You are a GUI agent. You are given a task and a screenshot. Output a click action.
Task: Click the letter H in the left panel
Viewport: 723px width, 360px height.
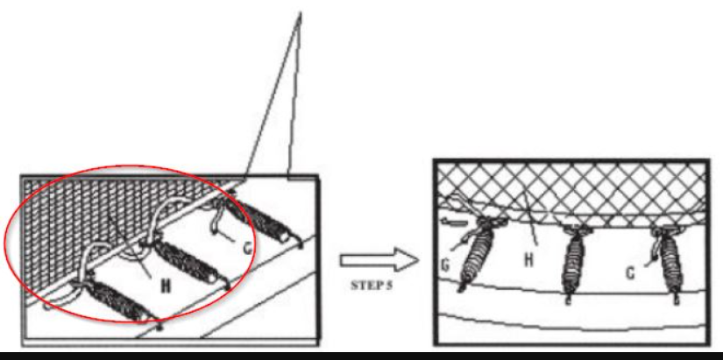point(165,286)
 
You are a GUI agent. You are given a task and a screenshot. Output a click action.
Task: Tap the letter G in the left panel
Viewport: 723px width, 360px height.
point(248,249)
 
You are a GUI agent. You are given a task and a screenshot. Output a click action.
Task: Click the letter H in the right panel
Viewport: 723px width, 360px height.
point(528,260)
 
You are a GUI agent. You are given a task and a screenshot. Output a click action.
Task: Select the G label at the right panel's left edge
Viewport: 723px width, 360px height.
point(446,266)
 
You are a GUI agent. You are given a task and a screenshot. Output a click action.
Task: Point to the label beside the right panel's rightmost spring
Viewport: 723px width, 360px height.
point(629,273)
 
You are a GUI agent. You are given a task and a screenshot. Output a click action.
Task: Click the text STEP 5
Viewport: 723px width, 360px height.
point(372,286)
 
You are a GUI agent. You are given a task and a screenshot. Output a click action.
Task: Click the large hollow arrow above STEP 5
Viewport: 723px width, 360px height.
point(379,260)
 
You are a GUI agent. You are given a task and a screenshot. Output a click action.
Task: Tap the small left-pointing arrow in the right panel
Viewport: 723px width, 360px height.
point(454,222)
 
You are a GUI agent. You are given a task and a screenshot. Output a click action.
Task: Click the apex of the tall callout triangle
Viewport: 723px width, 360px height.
point(301,13)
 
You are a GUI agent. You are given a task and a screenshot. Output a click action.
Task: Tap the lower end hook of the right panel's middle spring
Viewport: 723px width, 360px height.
point(568,299)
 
